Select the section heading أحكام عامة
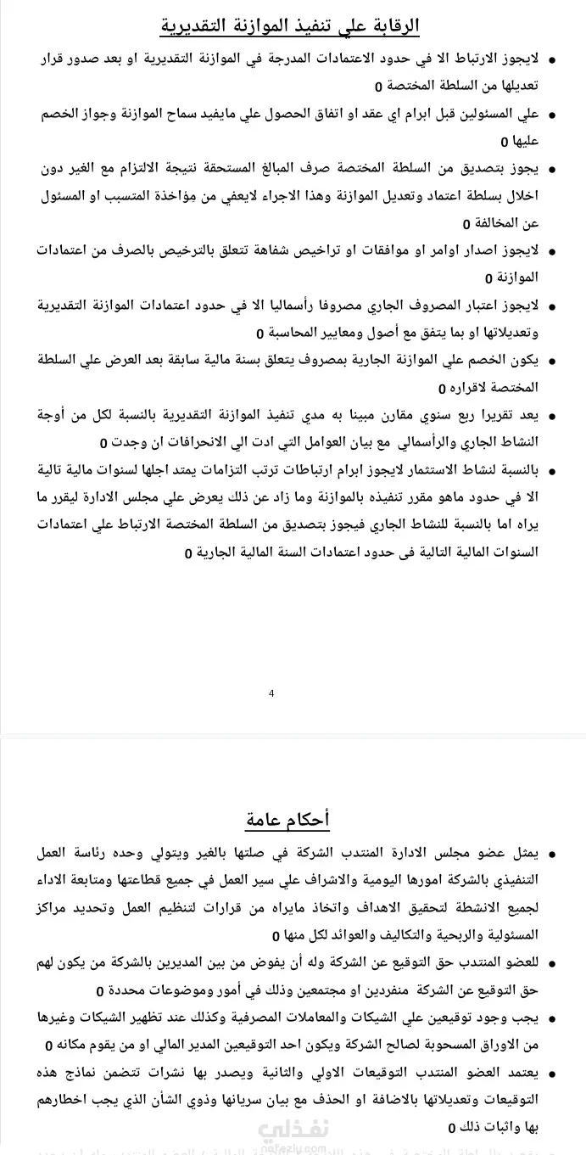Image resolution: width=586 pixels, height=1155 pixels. [287, 820]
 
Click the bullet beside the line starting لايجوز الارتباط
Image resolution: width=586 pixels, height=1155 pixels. [554, 62]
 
